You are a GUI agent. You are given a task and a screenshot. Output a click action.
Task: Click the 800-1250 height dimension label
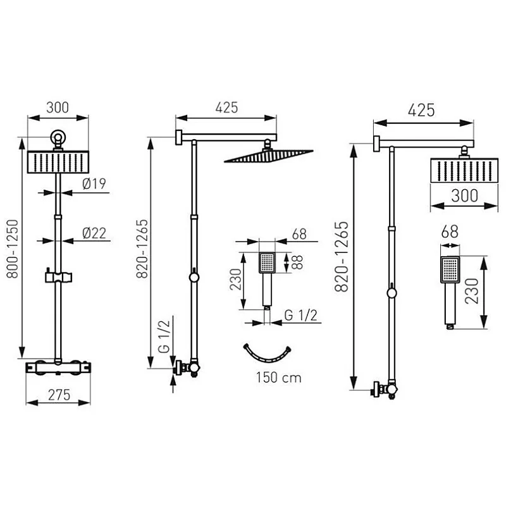(x=13, y=249)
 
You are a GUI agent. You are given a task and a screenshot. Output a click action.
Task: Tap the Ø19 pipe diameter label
(x=94, y=183)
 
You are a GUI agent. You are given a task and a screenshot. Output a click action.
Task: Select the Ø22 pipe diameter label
(x=94, y=233)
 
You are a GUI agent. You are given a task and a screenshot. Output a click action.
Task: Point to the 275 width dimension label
(x=59, y=395)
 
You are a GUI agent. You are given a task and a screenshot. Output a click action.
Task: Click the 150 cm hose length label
(x=279, y=378)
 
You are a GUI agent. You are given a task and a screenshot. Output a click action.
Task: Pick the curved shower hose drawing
(x=267, y=355)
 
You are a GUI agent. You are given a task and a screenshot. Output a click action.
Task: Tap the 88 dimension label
(x=297, y=262)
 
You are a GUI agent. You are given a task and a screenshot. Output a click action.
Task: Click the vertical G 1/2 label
(x=164, y=336)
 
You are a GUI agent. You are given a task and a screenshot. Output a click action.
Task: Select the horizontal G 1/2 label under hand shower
(x=301, y=315)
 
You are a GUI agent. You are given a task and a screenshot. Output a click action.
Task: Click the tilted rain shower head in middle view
(x=268, y=156)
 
